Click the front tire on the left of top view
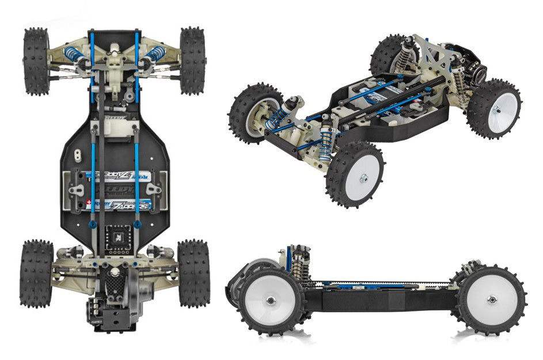tap(37, 61)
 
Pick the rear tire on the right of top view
tap(193, 273)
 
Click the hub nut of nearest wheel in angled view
tap(362, 179)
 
